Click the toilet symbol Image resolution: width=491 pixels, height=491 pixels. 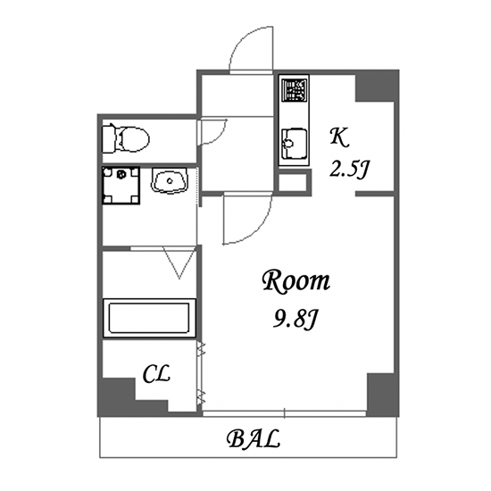pos(126,138)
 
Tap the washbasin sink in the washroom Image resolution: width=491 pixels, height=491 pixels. pos(170,180)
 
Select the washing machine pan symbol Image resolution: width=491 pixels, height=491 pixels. pos(121,186)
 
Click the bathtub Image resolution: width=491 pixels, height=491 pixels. pos(149,318)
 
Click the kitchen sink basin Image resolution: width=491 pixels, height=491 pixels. pos(294,144)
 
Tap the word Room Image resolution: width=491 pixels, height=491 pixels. pos(295,281)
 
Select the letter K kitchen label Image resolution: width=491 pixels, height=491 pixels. pos(339,137)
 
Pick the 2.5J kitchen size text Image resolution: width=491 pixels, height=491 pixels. pos(349,170)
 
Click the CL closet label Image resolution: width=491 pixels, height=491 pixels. pos(156,374)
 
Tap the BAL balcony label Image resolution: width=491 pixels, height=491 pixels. pos(253,438)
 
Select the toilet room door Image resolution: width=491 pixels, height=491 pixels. pos(213,131)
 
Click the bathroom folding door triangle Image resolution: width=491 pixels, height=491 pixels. pos(179,262)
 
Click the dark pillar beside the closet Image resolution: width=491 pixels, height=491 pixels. pos(125,397)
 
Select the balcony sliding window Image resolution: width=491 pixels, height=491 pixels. pos(284,413)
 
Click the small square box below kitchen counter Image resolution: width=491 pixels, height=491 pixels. pos(293,183)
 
